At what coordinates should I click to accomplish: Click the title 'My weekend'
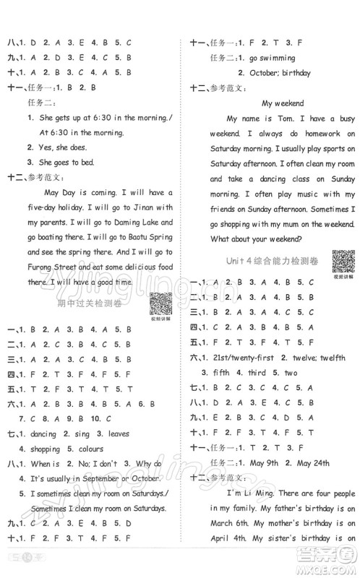coord(283,103)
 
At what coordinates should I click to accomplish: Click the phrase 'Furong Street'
coord(49,267)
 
